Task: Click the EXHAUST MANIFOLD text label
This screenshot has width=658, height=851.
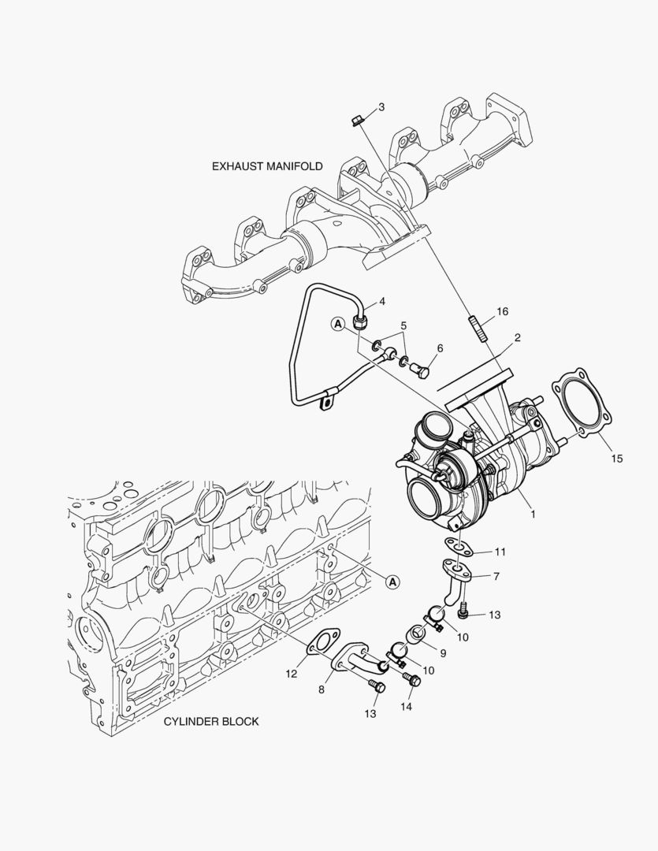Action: (x=267, y=166)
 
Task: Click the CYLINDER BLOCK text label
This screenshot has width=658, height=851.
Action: (x=210, y=721)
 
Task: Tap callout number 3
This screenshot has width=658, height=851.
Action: (x=381, y=107)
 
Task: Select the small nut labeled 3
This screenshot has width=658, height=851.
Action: (x=355, y=120)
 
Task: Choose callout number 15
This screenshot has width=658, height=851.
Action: (x=615, y=458)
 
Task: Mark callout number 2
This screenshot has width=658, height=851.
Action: (x=518, y=338)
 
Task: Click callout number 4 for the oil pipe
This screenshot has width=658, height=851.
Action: (x=381, y=302)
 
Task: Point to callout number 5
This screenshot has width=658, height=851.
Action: (x=403, y=325)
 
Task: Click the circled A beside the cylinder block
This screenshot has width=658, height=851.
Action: (x=392, y=582)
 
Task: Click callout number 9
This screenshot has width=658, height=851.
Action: (x=443, y=652)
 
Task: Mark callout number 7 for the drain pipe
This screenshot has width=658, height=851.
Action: (x=496, y=576)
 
